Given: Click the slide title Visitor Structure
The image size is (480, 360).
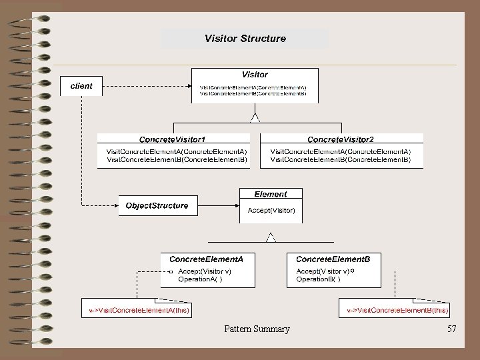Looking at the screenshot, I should click(245, 39).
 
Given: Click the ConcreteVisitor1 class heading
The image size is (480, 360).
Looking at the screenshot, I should click(172, 139).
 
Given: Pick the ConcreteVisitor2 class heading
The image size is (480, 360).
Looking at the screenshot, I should click(341, 139).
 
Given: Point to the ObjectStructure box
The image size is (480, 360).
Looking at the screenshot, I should click(157, 205).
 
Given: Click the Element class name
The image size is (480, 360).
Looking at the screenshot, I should click(271, 194).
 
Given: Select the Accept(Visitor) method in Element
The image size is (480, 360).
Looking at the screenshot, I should click(271, 210).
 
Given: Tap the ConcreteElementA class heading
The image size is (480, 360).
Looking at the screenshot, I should click(206, 258).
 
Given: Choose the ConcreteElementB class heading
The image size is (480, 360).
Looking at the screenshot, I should click(337, 258).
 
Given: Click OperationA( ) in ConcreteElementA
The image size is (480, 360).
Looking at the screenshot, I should click(200, 279).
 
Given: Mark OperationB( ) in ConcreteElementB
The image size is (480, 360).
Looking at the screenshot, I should click(318, 279).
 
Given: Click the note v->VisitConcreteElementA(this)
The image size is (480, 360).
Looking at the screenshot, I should click(139, 310).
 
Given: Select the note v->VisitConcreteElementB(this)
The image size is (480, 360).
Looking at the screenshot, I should click(397, 310).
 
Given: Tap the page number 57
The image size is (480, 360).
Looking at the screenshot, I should click(452, 329).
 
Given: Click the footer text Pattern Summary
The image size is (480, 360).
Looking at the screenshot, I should click(257, 329).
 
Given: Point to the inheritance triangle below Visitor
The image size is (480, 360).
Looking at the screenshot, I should click(254, 118).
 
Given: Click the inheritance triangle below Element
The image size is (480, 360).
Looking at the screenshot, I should click(271, 237).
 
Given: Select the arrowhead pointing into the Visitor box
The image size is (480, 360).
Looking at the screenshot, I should click(189, 86).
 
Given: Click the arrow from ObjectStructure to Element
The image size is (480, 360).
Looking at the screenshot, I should click(219, 205).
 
